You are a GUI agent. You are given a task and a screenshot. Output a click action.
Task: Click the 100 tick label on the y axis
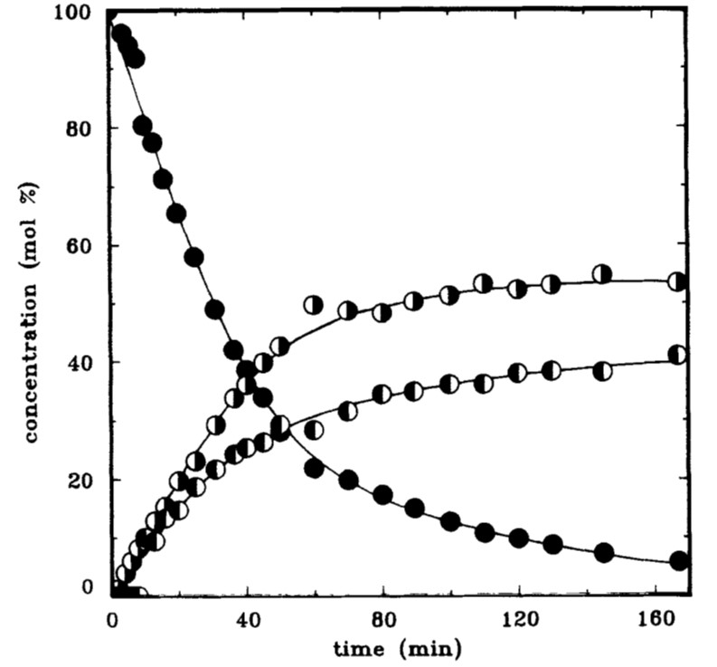[x=73, y=13]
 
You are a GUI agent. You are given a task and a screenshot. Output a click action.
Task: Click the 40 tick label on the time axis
[x=248, y=619]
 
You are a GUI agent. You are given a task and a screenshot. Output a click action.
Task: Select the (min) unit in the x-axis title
[x=430, y=649]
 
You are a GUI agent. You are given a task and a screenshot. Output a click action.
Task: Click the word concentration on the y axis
[x=31, y=363]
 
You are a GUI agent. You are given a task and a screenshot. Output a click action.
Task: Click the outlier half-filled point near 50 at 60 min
[x=313, y=305]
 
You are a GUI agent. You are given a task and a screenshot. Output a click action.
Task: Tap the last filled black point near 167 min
[x=679, y=560]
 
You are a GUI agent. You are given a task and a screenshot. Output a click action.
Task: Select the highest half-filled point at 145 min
[x=602, y=274]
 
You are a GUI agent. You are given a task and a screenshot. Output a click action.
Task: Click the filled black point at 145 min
[x=604, y=553]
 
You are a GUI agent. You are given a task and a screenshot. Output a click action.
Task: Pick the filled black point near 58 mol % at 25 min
[x=193, y=258]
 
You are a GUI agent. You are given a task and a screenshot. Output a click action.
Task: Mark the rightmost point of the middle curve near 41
[x=678, y=355]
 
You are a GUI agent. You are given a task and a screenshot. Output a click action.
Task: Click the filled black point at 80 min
[x=382, y=495]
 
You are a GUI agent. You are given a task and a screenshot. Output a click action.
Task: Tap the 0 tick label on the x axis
[x=112, y=619]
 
